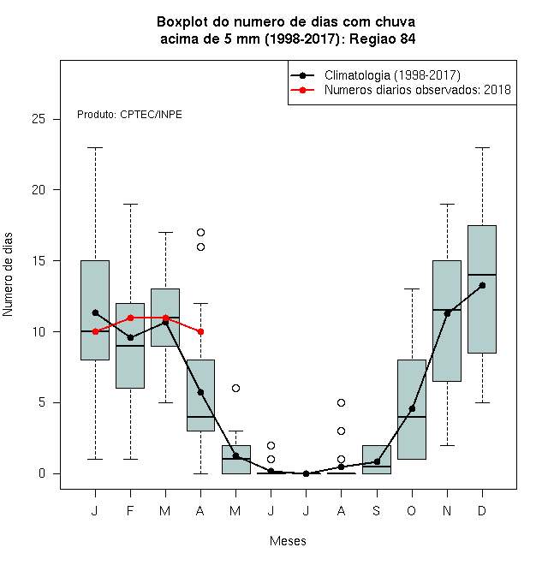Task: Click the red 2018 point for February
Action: pos(130,318)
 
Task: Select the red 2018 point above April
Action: pos(201,331)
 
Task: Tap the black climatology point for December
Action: pos(482,285)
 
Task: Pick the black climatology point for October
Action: pos(412,408)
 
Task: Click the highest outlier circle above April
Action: pos(201,232)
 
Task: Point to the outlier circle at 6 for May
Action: pos(235,388)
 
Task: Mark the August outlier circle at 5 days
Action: pos(341,402)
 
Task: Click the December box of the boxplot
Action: pos(482,289)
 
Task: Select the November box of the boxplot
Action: pos(447,321)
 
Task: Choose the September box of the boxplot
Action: pos(377,460)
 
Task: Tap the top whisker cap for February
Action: pos(130,204)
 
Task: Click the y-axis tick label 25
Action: pos(39,119)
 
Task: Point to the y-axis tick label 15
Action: pos(39,260)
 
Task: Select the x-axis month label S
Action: pos(377,510)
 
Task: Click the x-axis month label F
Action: pos(130,510)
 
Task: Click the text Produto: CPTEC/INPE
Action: pos(129,115)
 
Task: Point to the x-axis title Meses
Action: pos(288,541)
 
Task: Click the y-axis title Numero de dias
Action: pos(8,275)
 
